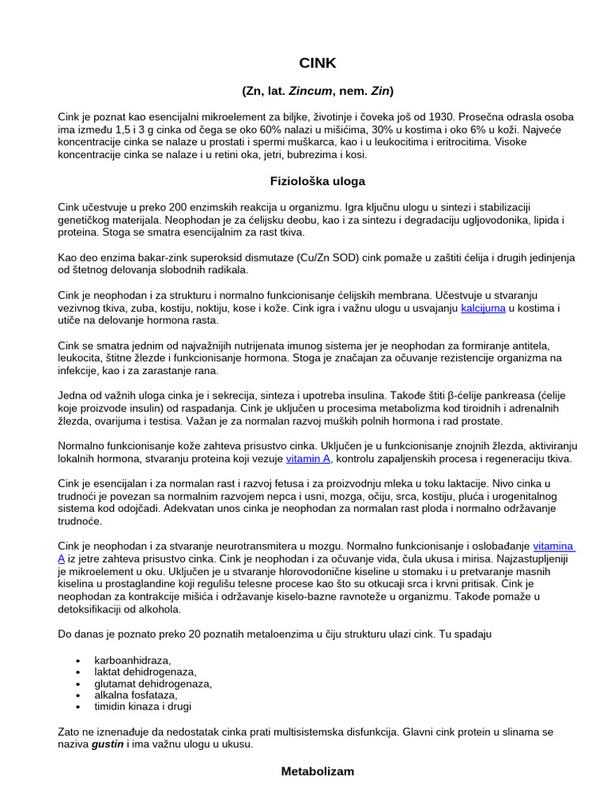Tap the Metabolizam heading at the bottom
(318, 770)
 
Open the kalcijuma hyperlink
(483, 308)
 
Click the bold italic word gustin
(107, 745)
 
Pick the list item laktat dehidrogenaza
(146, 672)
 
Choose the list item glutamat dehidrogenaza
(153, 683)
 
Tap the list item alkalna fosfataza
(136, 695)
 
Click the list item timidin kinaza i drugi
(143, 706)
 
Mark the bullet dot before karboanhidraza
(77, 660)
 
